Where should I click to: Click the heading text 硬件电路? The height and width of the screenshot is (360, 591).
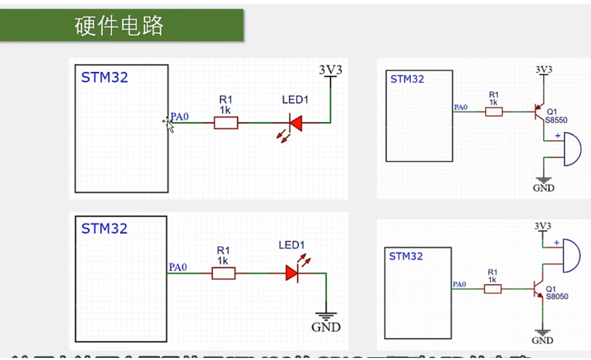point(119,25)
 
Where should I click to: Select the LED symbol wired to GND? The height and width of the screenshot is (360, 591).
point(292,272)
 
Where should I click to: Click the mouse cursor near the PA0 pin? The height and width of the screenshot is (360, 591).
point(169,124)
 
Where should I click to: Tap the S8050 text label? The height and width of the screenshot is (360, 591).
point(557,296)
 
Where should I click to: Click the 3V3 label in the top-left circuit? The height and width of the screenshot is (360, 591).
point(330,69)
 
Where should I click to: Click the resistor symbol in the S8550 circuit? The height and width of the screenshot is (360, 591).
point(494,112)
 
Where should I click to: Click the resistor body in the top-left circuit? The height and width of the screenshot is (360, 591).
point(225,123)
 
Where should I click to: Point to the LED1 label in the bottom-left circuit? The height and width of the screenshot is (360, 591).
point(291,245)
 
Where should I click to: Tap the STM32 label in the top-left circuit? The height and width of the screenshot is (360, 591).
point(105,77)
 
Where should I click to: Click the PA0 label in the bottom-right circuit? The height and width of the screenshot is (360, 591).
point(460,285)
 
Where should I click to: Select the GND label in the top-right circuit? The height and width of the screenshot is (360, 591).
point(544,189)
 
